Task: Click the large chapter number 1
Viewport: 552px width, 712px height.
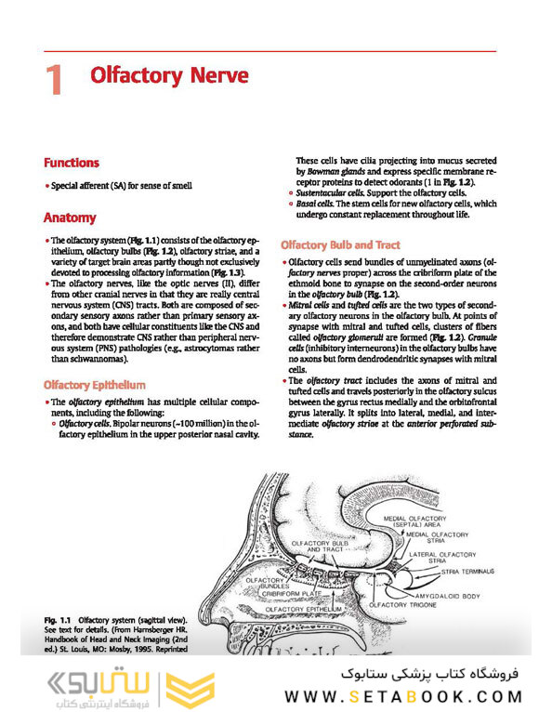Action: point(54,79)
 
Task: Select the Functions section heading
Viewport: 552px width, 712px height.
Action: point(72,162)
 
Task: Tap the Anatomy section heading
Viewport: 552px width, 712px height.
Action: point(70,218)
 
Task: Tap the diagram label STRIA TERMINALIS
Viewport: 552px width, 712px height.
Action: point(467,571)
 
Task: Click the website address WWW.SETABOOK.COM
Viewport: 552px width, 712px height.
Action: point(403,695)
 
